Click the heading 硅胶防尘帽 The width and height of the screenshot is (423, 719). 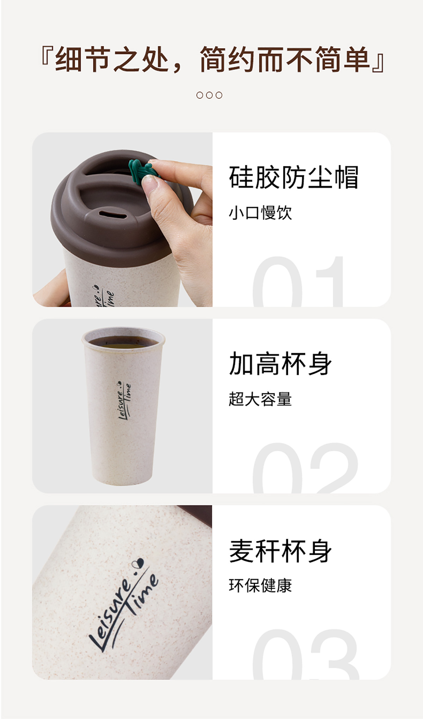294,177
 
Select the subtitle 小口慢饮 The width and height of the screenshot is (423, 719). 260,213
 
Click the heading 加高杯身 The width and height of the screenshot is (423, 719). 280,364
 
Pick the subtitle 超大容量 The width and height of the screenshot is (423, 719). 260,399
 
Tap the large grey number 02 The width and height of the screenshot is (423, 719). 305,468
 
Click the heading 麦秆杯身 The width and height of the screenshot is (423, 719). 280,551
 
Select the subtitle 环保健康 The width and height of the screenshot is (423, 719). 260,586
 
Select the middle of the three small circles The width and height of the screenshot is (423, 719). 209,95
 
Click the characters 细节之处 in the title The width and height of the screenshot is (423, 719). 112,59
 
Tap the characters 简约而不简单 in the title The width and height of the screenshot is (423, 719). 284,59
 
